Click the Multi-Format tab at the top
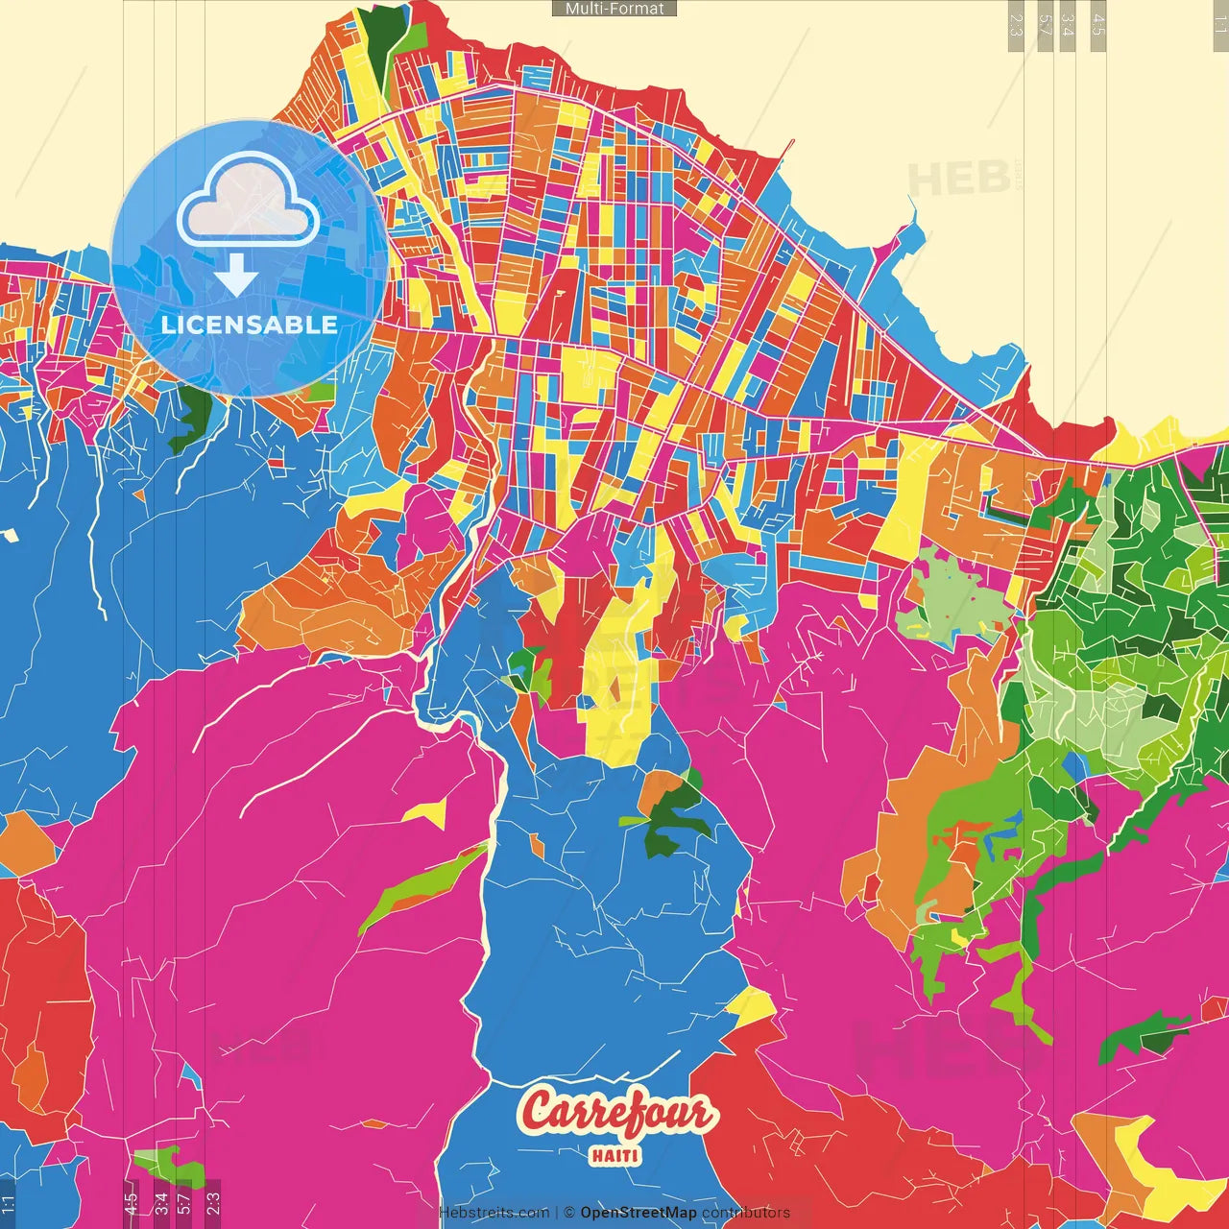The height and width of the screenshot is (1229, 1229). click(x=614, y=9)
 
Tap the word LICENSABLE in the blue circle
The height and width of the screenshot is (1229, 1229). click(x=249, y=325)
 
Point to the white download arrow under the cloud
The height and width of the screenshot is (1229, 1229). click(x=235, y=277)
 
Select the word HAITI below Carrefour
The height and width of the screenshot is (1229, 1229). click(x=614, y=1156)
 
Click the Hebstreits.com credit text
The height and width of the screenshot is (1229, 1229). click(x=494, y=1213)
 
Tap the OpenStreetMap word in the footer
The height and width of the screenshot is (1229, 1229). click(x=638, y=1213)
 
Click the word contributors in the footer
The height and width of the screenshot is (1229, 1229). click(x=746, y=1213)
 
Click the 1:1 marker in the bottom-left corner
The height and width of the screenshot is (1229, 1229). click(x=9, y=1203)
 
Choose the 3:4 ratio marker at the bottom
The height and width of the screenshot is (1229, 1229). click(x=160, y=1203)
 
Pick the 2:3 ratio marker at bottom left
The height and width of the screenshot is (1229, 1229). click(x=212, y=1203)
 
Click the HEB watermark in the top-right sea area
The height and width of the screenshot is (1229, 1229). click(x=958, y=179)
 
